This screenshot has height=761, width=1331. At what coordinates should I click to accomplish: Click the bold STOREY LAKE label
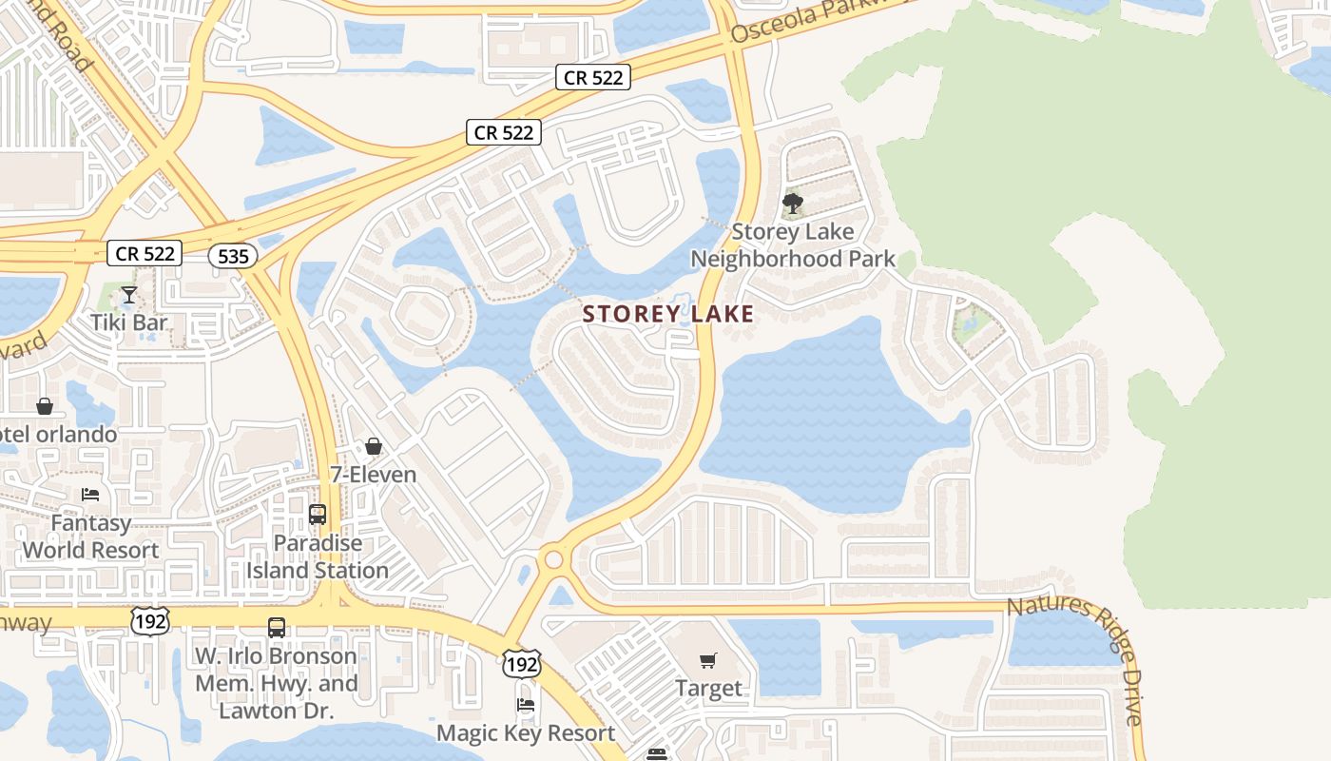[668, 314]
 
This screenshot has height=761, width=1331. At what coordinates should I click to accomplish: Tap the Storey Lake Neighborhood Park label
[792, 245]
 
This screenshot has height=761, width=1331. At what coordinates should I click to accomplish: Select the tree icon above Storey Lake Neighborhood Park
[792, 204]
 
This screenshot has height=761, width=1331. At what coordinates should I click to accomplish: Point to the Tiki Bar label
[129, 322]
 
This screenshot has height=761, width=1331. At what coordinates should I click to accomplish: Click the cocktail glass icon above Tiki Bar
[129, 295]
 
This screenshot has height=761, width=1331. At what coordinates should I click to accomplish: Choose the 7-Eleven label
[373, 474]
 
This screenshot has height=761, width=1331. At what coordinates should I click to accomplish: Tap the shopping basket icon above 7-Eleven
[374, 446]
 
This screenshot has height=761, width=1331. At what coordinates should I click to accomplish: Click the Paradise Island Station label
[318, 556]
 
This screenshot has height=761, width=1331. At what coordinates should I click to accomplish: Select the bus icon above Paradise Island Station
[318, 515]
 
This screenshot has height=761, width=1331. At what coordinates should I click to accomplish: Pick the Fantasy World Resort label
[90, 537]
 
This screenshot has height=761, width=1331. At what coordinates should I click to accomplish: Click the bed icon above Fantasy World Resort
[90, 495]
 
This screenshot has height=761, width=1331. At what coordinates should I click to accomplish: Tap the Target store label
[708, 688]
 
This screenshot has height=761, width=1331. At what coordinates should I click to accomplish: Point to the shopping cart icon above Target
[708, 660]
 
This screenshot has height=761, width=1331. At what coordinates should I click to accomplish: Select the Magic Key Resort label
[526, 733]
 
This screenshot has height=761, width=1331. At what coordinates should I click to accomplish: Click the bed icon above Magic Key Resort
[525, 705]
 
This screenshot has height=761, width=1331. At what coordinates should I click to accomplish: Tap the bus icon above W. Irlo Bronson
[277, 628]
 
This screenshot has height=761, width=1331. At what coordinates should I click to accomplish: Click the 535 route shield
[233, 255]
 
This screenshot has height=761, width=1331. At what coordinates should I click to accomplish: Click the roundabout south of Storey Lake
[553, 559]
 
